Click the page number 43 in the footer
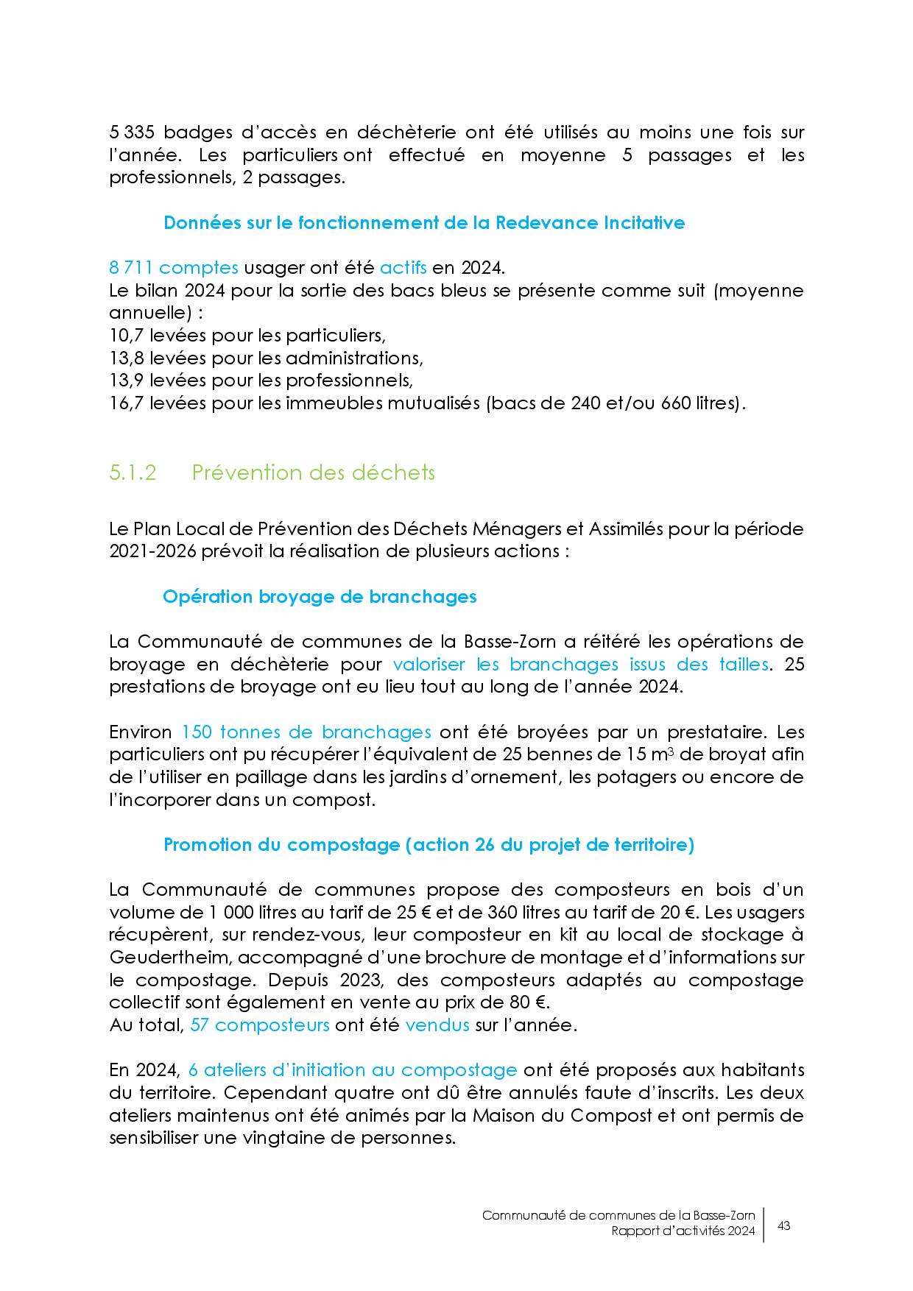coord(784,1226)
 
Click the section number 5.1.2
coord(133,473)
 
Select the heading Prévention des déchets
coord(313,473)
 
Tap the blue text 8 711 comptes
coord(173,267)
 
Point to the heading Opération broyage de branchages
coord(320,596)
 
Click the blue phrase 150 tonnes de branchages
coord(306,732)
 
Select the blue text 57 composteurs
coord(259,1025)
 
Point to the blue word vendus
coord(437,1025)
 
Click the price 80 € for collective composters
coord(529,1002)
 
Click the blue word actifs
coord(403,267)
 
